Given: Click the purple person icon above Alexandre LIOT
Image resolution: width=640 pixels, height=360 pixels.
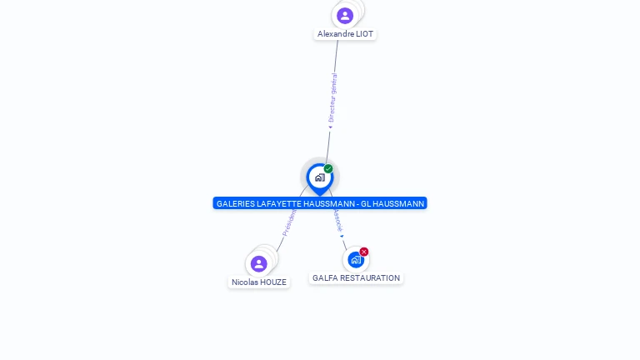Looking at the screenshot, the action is point(345,15).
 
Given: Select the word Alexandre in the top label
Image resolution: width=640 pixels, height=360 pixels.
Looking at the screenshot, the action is point(335,34).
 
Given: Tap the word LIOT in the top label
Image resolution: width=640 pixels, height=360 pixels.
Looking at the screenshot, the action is point(364,34).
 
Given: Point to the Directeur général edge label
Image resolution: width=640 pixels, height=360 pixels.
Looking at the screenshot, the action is point(332,97).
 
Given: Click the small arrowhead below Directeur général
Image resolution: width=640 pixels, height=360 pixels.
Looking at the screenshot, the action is point(330,127).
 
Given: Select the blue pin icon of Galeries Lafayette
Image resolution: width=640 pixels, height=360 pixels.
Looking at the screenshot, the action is point(319,177).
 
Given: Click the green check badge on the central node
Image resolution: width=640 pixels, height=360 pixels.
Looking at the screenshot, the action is point(328,169).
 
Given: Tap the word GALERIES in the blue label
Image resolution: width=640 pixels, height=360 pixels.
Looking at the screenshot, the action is point(235,203).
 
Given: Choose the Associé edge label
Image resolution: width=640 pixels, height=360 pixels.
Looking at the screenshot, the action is point(337,219).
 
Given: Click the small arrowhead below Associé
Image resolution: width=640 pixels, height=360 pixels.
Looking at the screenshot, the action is point(342,236).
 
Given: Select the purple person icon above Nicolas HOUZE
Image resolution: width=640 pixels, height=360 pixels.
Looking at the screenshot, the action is point(259,263).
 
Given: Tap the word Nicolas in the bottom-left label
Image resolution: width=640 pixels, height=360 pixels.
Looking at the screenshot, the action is point(244,282).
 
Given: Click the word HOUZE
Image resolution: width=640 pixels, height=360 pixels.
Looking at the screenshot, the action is point(273,282).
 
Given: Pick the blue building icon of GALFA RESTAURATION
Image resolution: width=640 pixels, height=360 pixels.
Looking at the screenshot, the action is point(356,259).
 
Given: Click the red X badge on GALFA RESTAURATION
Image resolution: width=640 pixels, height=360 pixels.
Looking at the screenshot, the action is point(364,252).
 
